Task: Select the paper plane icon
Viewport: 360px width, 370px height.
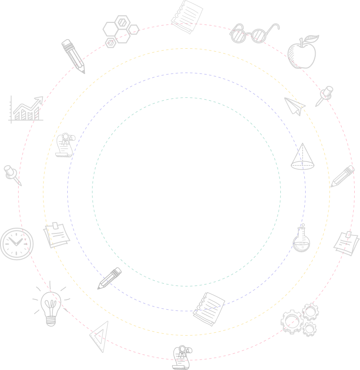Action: pos(294,106)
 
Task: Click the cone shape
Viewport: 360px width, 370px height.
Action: pos(303,157)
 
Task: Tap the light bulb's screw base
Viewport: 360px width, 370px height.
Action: pos(50,320)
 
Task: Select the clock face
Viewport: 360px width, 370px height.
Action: pos(17,243)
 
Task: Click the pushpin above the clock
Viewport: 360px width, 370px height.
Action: pos(12,174)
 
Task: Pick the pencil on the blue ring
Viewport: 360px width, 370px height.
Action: pos(110,278)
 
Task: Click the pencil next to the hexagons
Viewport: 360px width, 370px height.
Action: pos(73,56)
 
